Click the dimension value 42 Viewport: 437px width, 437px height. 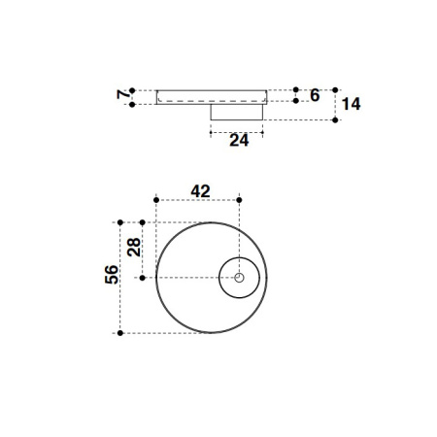(201, 191)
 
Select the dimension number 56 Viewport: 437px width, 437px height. (112, 275)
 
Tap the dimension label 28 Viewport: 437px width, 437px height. (134, 247)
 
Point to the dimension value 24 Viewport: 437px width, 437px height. (239, 141)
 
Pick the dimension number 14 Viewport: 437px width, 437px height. (351, 104)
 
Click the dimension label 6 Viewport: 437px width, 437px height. (314, 95)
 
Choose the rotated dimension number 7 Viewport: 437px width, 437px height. (122, 95)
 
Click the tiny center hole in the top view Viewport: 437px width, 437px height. (239, 278)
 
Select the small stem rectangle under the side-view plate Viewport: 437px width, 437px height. (239, 112)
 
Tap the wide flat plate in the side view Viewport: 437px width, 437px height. (212, 97)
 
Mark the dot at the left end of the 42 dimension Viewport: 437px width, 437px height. (156, 200)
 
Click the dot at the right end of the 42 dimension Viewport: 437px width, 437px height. (239, 200)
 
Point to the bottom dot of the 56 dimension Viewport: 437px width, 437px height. (119, 333)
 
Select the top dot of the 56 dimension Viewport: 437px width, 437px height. (119, 221)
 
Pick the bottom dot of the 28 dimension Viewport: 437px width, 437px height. (142, 278)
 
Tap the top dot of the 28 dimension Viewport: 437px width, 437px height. (142, 221)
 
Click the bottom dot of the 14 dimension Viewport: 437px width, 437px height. (335, 120)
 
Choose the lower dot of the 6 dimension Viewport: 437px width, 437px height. (296, 102)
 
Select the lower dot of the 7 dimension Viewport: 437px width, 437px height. (134, 104)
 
